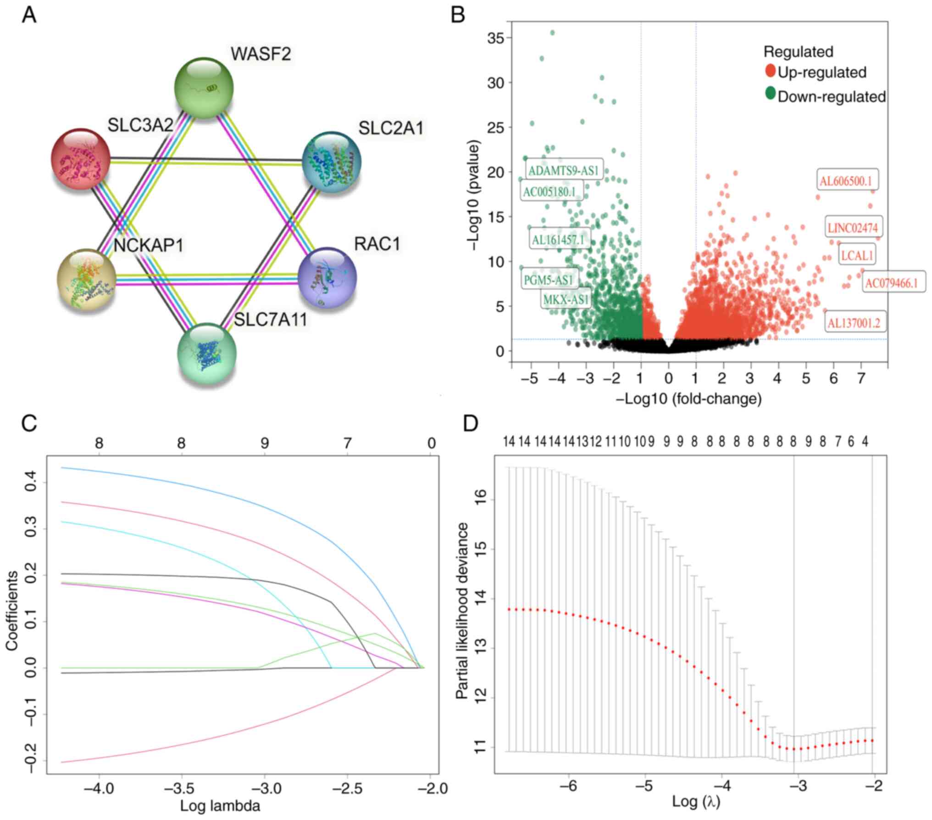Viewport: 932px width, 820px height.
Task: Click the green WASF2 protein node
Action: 204,88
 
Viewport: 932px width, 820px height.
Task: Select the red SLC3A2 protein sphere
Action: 80,159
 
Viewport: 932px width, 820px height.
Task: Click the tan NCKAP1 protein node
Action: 86,280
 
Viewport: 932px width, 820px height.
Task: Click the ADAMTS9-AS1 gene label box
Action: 563,171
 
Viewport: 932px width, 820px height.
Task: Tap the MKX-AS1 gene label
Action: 566,300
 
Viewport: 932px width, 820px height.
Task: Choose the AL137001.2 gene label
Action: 854,323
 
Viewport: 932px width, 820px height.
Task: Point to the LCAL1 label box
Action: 857,255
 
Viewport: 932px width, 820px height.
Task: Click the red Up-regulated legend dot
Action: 770,71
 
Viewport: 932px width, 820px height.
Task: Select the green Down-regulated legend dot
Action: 770,94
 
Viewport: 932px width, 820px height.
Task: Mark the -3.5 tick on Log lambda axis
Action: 182,789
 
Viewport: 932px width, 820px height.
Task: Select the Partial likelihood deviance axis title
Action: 462,611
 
